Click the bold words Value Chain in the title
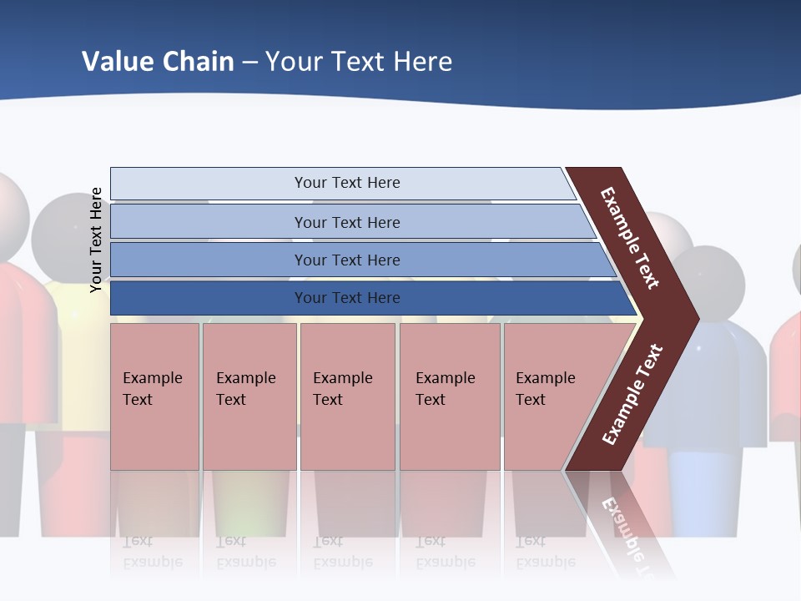158,61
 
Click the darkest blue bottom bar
209,298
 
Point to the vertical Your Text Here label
96,240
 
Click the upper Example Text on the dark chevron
630,238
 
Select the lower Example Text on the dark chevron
632,394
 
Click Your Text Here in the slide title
359,61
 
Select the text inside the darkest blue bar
347,298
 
